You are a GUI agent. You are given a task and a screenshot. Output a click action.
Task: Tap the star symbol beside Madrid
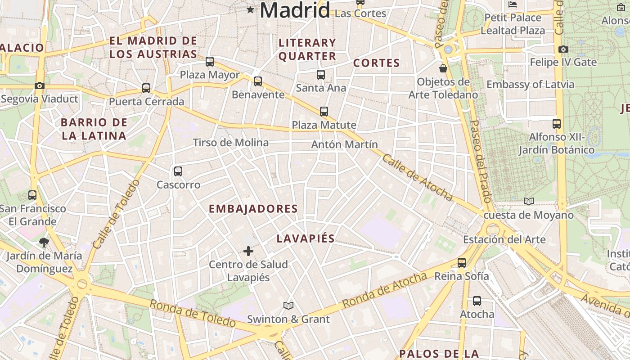point(250,9)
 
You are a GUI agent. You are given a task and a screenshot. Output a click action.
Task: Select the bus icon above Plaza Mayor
point(210,62)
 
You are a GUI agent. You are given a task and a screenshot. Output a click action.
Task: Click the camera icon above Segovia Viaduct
point(40,85)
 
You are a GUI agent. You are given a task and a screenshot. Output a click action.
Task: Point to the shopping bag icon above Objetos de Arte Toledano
point(443,68)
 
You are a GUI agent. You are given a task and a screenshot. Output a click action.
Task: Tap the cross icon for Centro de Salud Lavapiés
point(248,251)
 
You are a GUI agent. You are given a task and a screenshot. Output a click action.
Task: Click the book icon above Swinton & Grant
point(288,306)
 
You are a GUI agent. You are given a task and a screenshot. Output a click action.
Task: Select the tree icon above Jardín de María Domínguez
point(44,243)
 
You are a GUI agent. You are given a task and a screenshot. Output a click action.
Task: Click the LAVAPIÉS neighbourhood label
point(306,238)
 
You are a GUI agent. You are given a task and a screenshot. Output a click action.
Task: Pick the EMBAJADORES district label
point(253,209)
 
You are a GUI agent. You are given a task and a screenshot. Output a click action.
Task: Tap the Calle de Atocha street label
point(417,178)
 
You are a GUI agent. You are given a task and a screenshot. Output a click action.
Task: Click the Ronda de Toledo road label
point(193,313)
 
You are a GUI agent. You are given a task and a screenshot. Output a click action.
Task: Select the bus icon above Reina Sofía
point(461,263)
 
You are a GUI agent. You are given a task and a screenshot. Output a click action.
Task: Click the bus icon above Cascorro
point(178,171)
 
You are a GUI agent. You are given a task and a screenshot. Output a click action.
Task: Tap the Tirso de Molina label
point(230,143)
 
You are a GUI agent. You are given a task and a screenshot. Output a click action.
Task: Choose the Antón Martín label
point(344,144)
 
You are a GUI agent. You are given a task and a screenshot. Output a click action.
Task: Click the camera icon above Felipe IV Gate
point(563,49)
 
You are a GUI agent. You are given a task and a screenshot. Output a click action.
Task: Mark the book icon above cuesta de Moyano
point(529,201)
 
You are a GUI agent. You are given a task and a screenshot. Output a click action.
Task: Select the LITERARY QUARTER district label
point(307,49)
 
